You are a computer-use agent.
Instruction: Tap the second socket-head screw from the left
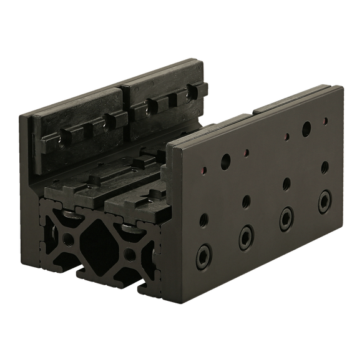click(244, 235)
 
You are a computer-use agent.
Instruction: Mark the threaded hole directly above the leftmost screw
click(203, 220)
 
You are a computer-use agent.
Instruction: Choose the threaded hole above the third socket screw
click(285, 184)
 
